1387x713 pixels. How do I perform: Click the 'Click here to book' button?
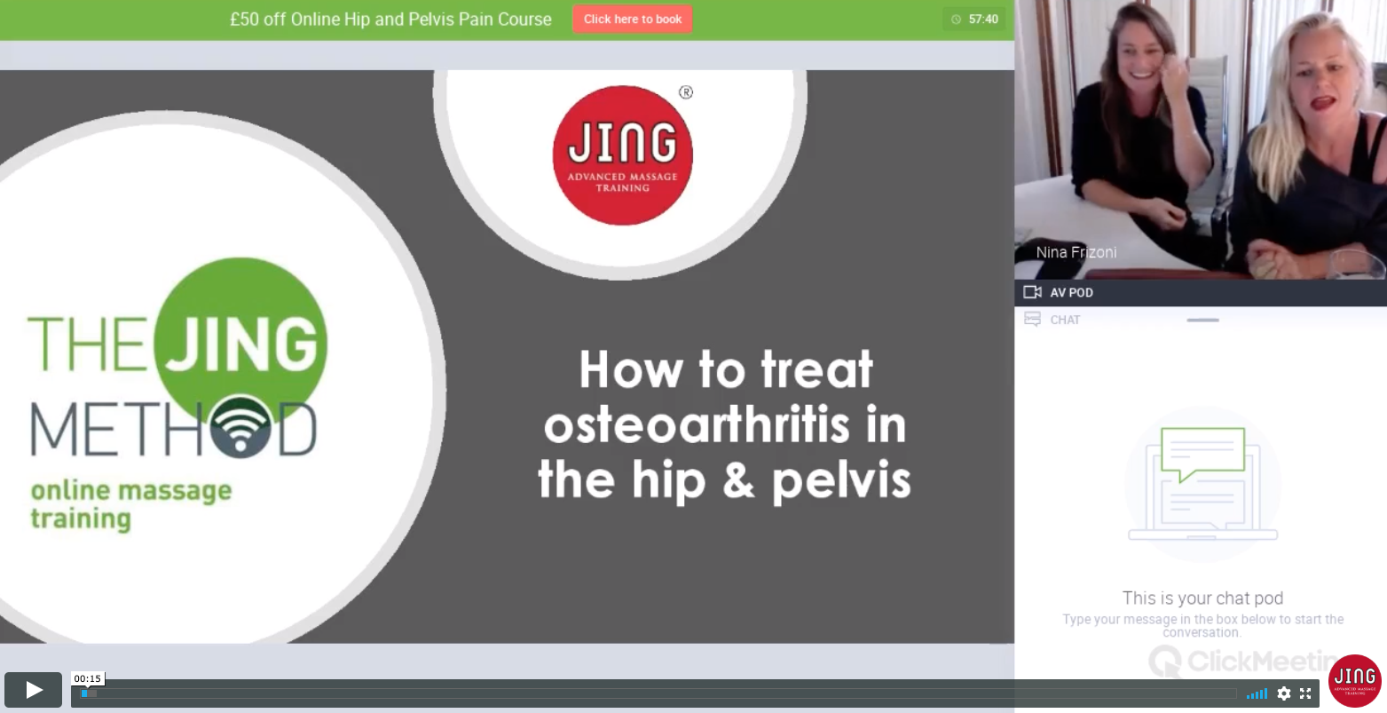pos(632,20)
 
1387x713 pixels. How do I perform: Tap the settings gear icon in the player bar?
pos(1283,693)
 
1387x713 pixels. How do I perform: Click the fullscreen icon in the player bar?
pos(1305,693)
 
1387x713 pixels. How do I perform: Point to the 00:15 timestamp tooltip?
pos(87,678)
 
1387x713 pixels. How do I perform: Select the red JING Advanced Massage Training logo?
pos(622,155)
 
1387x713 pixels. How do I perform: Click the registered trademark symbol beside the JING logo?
pos(685,92)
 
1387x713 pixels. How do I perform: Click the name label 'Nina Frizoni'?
pos(1076,252)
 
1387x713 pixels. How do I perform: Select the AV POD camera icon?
pos(1032,292)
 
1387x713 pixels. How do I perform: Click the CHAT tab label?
pos(1065,320)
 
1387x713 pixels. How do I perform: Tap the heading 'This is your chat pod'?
pos(1202,598)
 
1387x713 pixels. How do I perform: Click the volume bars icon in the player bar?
pos(1257,693)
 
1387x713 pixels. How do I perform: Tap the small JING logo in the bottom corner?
pos(1355,681)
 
